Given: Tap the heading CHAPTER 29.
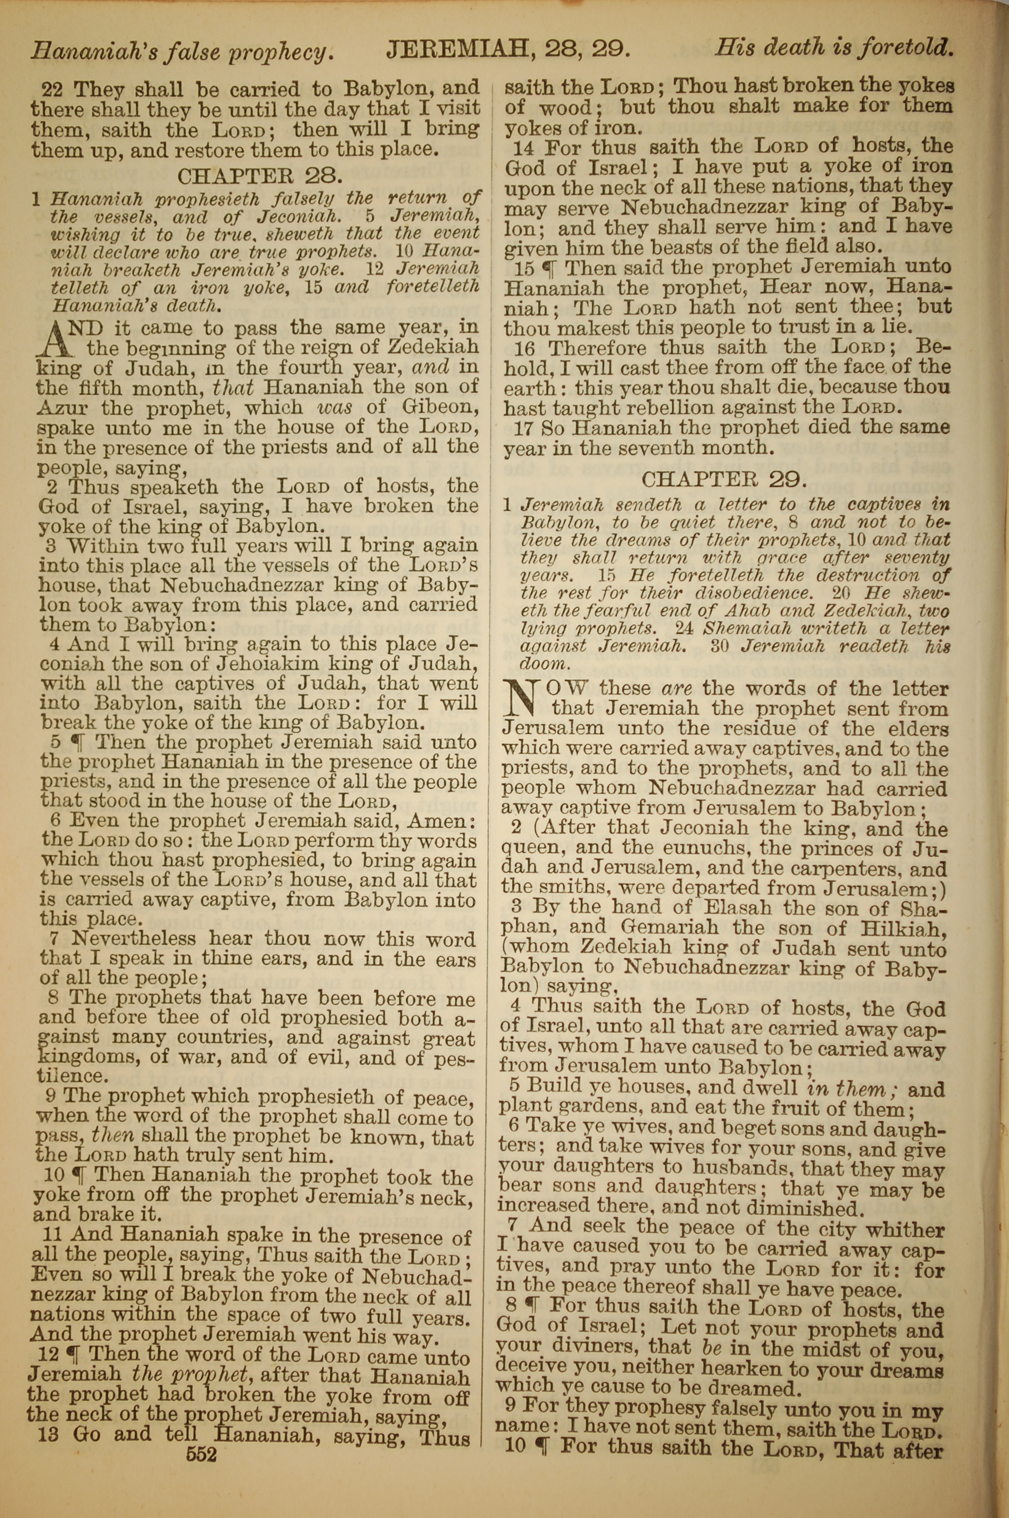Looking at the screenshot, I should point(723,479).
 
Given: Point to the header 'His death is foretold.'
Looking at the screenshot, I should point(834,47).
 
